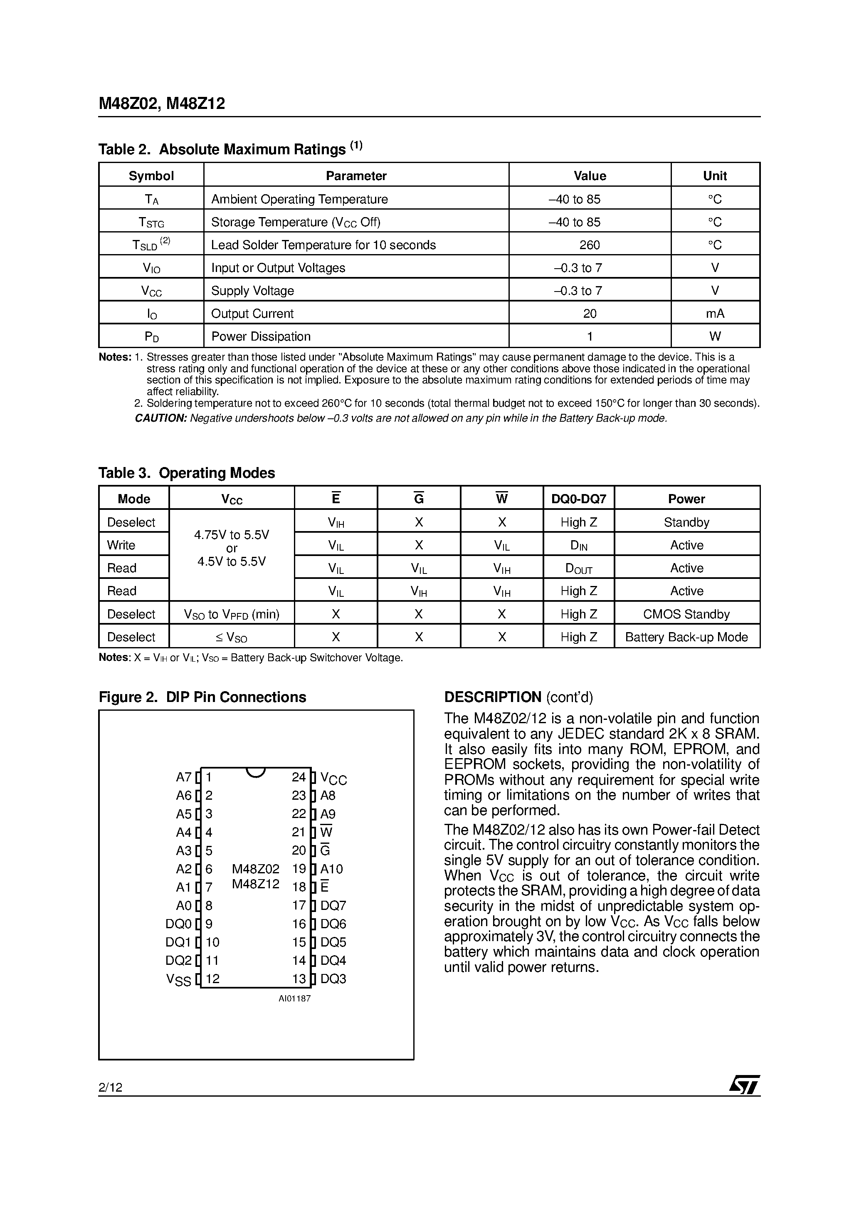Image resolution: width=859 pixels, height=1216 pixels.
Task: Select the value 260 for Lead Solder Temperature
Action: [590, 245]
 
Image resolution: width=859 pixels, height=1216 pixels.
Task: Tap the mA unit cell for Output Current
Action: [715, 314]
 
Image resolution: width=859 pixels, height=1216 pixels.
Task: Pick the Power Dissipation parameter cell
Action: [261, 336]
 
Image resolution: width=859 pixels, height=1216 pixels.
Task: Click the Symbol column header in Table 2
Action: [151, 176]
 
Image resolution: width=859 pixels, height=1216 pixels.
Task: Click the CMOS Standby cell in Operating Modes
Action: [686, 614]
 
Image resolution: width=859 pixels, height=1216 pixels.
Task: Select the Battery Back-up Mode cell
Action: [686, 637]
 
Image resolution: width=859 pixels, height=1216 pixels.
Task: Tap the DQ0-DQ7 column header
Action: [578, 499]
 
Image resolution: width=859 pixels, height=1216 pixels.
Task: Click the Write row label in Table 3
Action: [121, 545]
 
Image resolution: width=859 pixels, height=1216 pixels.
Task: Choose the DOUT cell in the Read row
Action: [578, 568]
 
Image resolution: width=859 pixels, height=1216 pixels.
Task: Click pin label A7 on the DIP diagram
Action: [183, 777]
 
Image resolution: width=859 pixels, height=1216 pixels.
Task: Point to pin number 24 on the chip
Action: [299, 777]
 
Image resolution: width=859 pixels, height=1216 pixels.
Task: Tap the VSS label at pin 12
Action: [178, 979]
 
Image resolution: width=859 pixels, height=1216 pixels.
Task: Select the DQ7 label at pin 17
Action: [333, 906]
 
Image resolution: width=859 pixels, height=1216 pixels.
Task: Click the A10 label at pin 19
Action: [331, 869]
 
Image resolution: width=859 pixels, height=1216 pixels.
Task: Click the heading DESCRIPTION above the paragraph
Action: [493, 697]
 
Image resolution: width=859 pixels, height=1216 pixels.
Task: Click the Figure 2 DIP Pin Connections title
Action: [202, 697]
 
